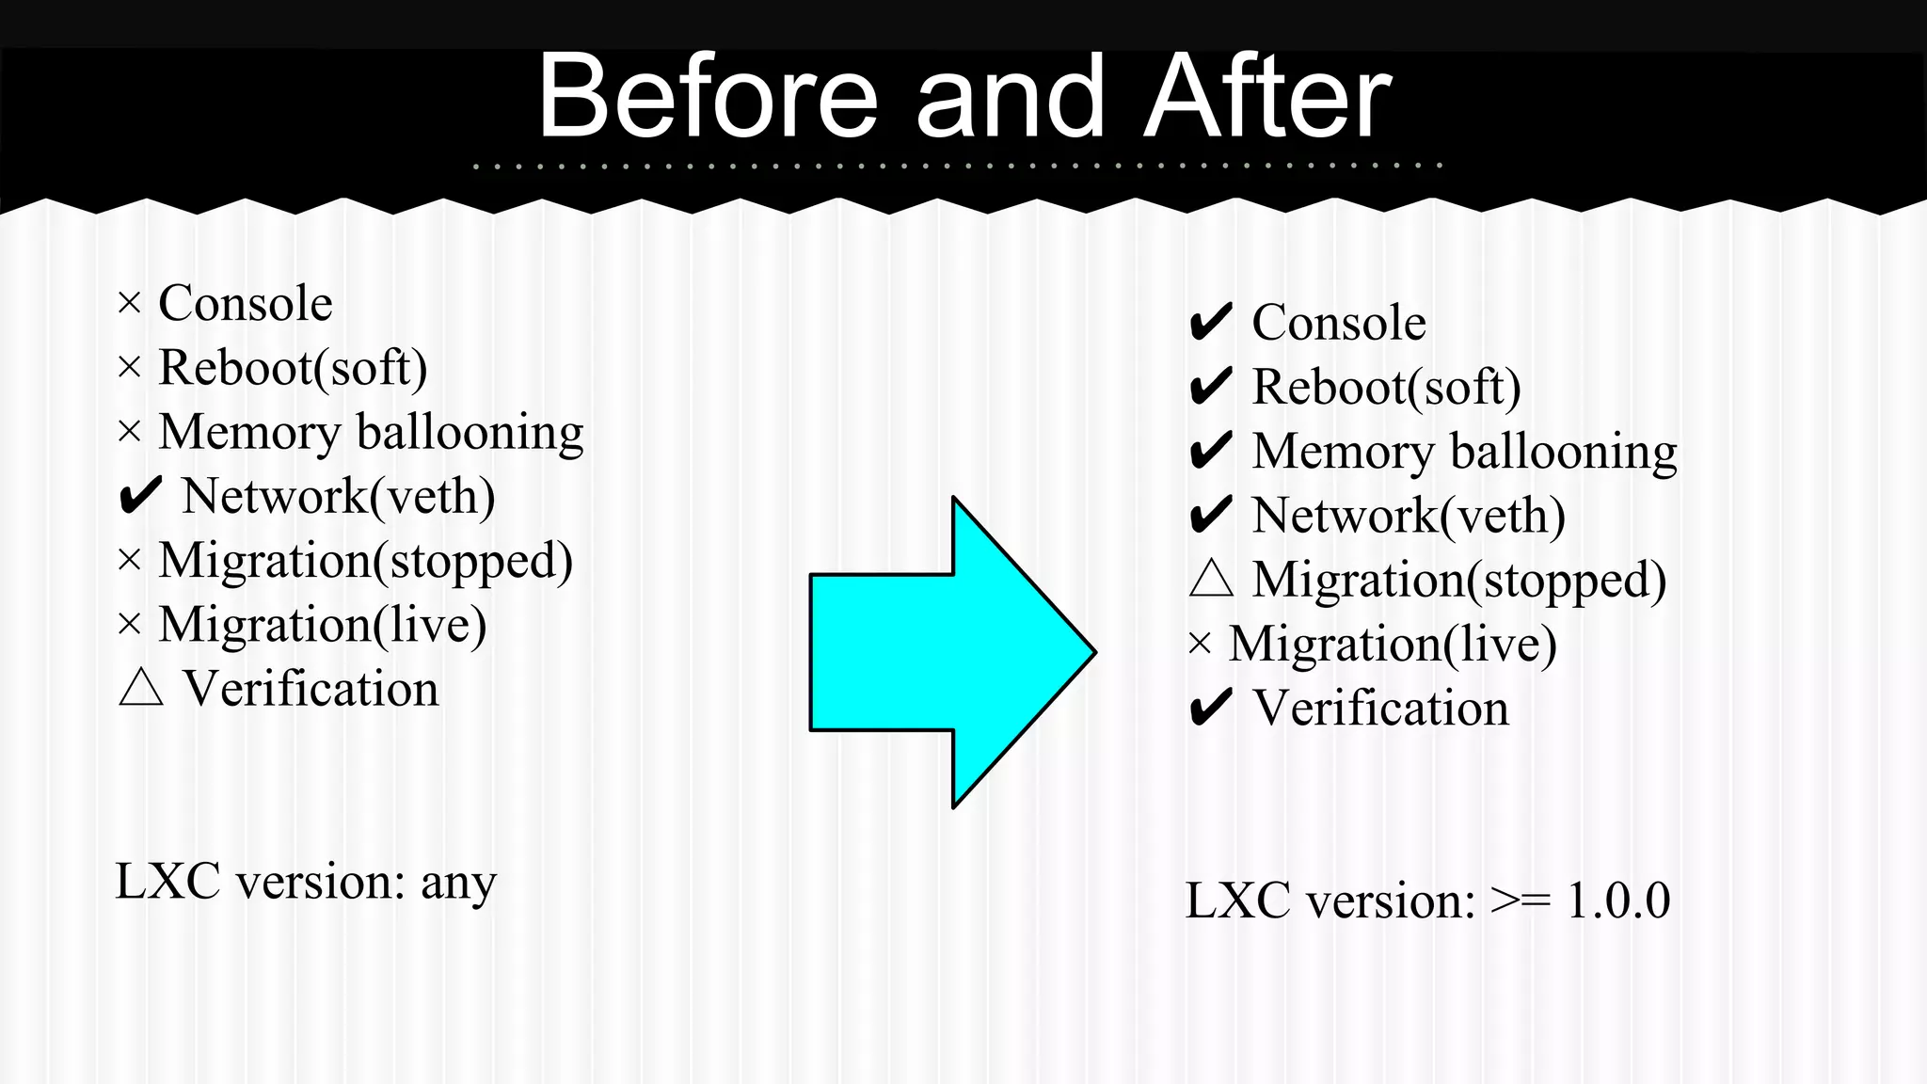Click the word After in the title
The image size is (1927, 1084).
pos(1267,96)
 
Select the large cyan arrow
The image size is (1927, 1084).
pos(950,651)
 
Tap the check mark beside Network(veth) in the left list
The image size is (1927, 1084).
pos(140,496)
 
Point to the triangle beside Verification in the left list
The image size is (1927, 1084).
pos(141,688)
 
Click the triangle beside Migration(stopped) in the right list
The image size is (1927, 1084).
pos(1211,579)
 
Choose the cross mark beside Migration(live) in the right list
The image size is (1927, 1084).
pos(1200,645)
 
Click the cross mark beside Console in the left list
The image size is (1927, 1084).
pos(129,304)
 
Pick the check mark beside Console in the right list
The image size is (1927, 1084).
pos(1211,323)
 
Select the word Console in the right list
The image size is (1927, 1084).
pos(1339,323)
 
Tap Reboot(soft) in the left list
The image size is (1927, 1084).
pos(293,368)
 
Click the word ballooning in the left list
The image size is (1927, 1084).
pos(470,433)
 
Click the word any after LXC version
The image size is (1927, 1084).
pos(458,884)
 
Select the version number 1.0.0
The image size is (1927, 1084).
pos(1618,901)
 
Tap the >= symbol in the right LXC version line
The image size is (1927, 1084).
pos(1521,901)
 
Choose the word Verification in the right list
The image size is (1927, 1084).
pos(1381,708)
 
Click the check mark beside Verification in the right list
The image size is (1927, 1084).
pos(1211,708)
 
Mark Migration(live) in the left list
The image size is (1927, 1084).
pos(323,625)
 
